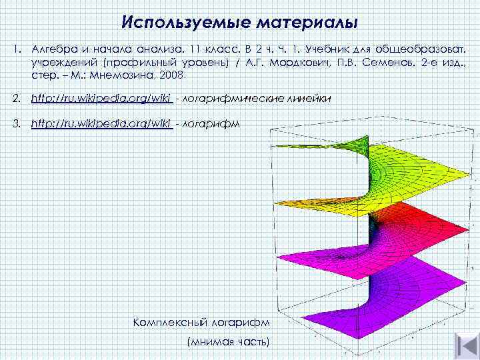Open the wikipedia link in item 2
tap(102, 99)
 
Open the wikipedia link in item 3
tap(102, 124)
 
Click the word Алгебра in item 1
tap(51, 50)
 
